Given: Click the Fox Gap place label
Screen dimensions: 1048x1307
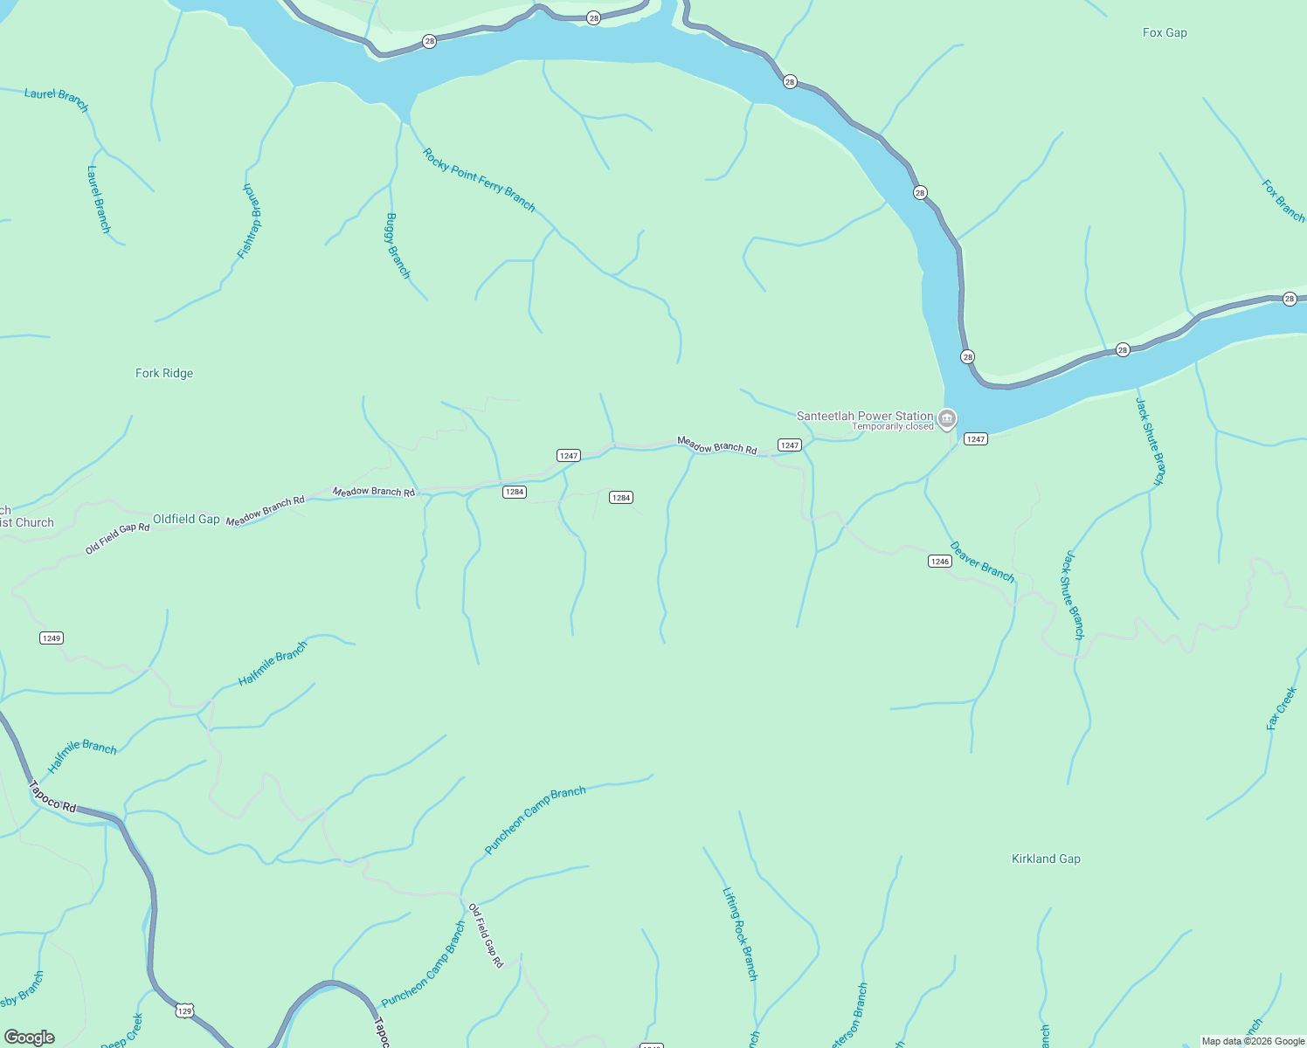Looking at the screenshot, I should (x=1165, y=33).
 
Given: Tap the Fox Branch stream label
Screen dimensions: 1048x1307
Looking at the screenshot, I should (x=1283, y=201).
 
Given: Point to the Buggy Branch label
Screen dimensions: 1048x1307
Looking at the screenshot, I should (x=398, y=245).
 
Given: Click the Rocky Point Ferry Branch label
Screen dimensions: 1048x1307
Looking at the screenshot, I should (x=479, y=180).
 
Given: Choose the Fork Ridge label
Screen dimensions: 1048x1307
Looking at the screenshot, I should (x=164, y=374).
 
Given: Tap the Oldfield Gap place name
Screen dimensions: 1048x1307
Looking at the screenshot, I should (x=186, y=519).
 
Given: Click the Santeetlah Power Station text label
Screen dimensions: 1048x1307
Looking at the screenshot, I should (x=864, y=416).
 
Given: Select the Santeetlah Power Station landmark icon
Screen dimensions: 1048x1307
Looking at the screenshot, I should (x=947, y=420).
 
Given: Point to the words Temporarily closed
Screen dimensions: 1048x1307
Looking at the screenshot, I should (x=892, y=427).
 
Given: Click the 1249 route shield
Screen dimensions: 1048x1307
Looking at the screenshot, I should (x=52, y=638).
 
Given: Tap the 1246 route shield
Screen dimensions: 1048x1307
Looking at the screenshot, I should (x=939, y=562).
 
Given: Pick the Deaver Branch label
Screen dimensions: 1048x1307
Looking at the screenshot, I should (x=982, y=562).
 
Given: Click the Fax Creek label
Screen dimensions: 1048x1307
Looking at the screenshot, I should (x=1282, y=708).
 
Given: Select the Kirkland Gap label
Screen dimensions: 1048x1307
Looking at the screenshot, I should (x=1046, y=859).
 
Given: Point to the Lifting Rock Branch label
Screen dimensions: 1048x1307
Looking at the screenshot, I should (x=740, y=934).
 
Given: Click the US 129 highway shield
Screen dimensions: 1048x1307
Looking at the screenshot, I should (x=184, y=1011).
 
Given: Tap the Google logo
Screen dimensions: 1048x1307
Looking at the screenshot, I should (x=30, y=1038).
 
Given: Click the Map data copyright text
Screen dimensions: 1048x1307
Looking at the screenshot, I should (x=1253, y=1041).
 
